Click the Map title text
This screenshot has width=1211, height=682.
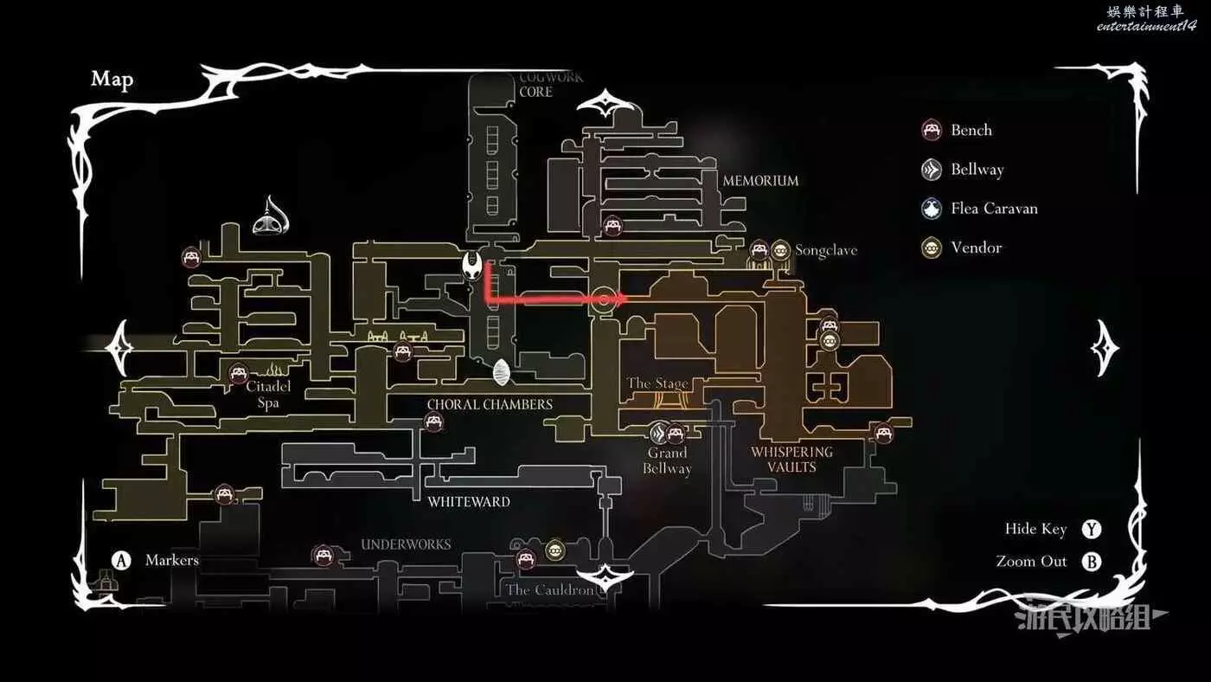pos(112,80)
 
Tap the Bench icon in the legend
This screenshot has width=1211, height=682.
pos(932,131)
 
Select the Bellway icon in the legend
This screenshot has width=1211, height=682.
pos(932,170)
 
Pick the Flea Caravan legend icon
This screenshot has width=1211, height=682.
pos(932,209)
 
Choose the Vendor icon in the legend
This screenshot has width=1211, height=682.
pos(932,248)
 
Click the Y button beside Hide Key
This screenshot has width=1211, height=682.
pos(1092,530)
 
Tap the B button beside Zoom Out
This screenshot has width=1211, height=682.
pos(1092,562)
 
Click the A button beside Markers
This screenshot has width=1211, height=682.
pos(122,561)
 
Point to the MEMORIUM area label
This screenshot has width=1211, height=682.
pos(760,181)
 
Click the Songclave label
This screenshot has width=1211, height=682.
pos(826,250)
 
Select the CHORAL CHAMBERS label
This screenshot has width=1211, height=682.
pos(490,405)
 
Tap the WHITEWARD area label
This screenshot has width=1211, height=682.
pos(469,502)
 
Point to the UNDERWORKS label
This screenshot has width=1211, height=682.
pos(406,544)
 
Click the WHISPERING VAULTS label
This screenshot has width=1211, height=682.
pos(791,460)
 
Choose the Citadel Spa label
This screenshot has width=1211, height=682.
pos(268,395)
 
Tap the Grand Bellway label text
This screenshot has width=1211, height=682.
pos(667,460)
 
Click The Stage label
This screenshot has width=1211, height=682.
pos(657,383)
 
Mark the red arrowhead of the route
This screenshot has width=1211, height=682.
pos(620,299)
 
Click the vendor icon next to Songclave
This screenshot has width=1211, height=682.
pos(780,250)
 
